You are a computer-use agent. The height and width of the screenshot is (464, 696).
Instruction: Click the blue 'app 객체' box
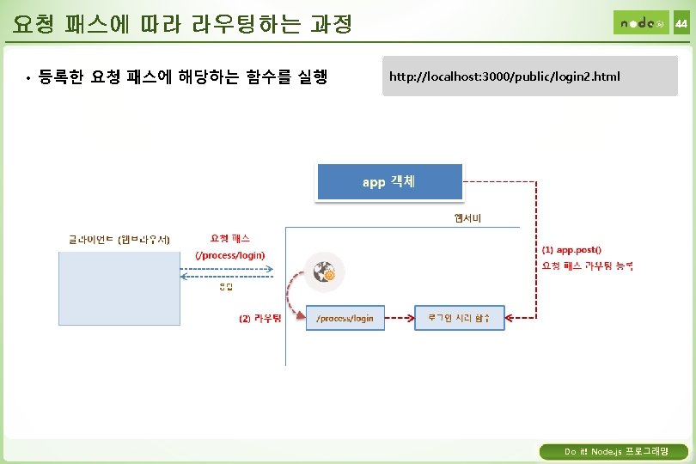click(x=389, y=182)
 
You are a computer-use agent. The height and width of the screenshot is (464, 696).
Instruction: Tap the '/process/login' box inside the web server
click(x=345, y=318)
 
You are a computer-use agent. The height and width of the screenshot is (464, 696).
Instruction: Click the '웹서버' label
click(x=468, y=217)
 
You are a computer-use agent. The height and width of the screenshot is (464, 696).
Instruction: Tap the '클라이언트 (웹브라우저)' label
click(x=119, y=239)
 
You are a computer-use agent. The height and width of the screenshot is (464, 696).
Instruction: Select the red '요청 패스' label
click(x=230, y=238)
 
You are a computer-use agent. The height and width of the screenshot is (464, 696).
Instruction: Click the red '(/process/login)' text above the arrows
click(x=230, y=255)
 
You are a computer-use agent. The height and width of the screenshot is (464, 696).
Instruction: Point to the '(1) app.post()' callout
click(x=571, y=249)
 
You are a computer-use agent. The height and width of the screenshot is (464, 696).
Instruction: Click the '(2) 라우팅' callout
click(x=259, y=318)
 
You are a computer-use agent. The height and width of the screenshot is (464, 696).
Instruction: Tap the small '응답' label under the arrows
click(x=226, y=287)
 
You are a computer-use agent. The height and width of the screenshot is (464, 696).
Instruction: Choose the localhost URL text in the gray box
click(x=504, y=77)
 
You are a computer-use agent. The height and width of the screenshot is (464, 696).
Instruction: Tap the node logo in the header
click(x=640, y=23)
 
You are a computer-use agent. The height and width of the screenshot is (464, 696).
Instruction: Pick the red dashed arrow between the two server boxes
click(x=400, y=318)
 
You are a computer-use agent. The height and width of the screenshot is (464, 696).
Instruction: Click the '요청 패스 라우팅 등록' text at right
click(x=588, y=266)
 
